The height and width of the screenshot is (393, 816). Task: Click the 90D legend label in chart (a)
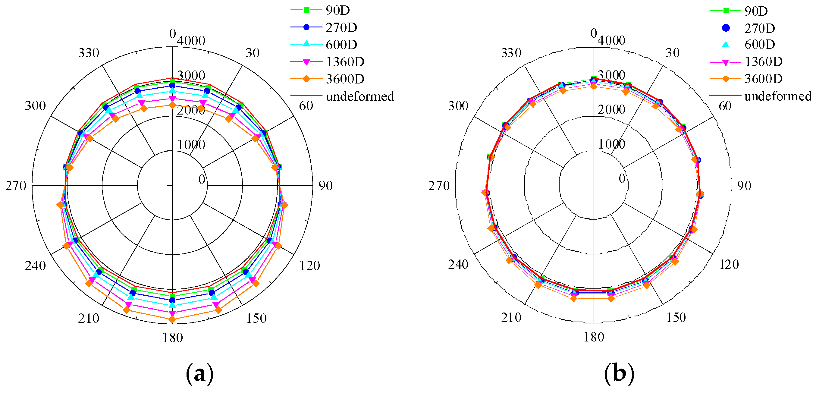coord(338,11)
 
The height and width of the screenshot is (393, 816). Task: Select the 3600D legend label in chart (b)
coord(763,79)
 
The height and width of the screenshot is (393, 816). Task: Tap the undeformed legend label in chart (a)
coord(360,96)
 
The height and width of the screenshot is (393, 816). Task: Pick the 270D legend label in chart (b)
coord(760,29)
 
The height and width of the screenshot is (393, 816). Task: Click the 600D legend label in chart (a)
coord(341,45)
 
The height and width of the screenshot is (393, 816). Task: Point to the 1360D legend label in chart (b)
coord(763,61)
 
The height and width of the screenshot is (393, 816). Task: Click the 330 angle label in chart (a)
coord(89,53)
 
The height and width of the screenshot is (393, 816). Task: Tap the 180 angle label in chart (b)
coord(594,337)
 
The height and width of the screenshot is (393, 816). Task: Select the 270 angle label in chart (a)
coord(16,186)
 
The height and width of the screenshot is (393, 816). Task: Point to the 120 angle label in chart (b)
coord(729,264)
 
